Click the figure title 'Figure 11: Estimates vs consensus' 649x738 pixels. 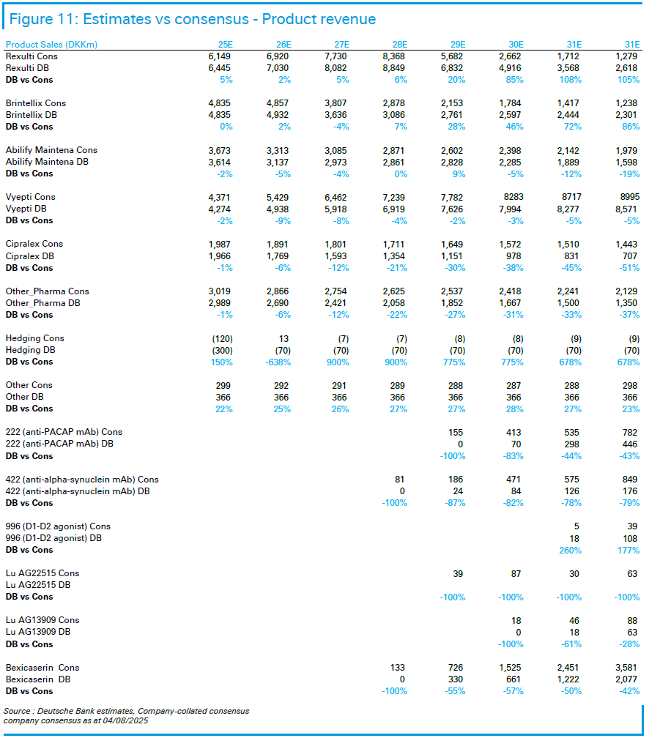pos(129,19)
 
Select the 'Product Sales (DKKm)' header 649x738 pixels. pos(51,44)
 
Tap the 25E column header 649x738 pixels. pos(225,44)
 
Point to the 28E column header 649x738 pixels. pos(400,44)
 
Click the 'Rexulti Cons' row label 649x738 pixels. pos(31,56)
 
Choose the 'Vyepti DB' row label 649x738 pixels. pos(26,209)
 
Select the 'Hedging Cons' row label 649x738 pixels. pos(35,338)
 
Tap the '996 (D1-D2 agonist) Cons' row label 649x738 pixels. pos(58,526)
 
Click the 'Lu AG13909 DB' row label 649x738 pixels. pos(38,632)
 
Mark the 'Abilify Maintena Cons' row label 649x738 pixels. pos(51,149)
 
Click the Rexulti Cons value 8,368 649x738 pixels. pos(394,56)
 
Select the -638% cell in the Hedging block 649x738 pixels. pos(278,362)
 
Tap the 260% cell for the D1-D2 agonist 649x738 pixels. pos(571,551)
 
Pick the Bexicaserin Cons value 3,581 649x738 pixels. pos(626,668)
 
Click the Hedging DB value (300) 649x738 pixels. pos(222,350)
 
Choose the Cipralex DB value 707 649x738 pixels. pos(630,256)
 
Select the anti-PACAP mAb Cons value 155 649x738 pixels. pos(456,432)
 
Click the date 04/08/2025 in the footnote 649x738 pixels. pos(125,720)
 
